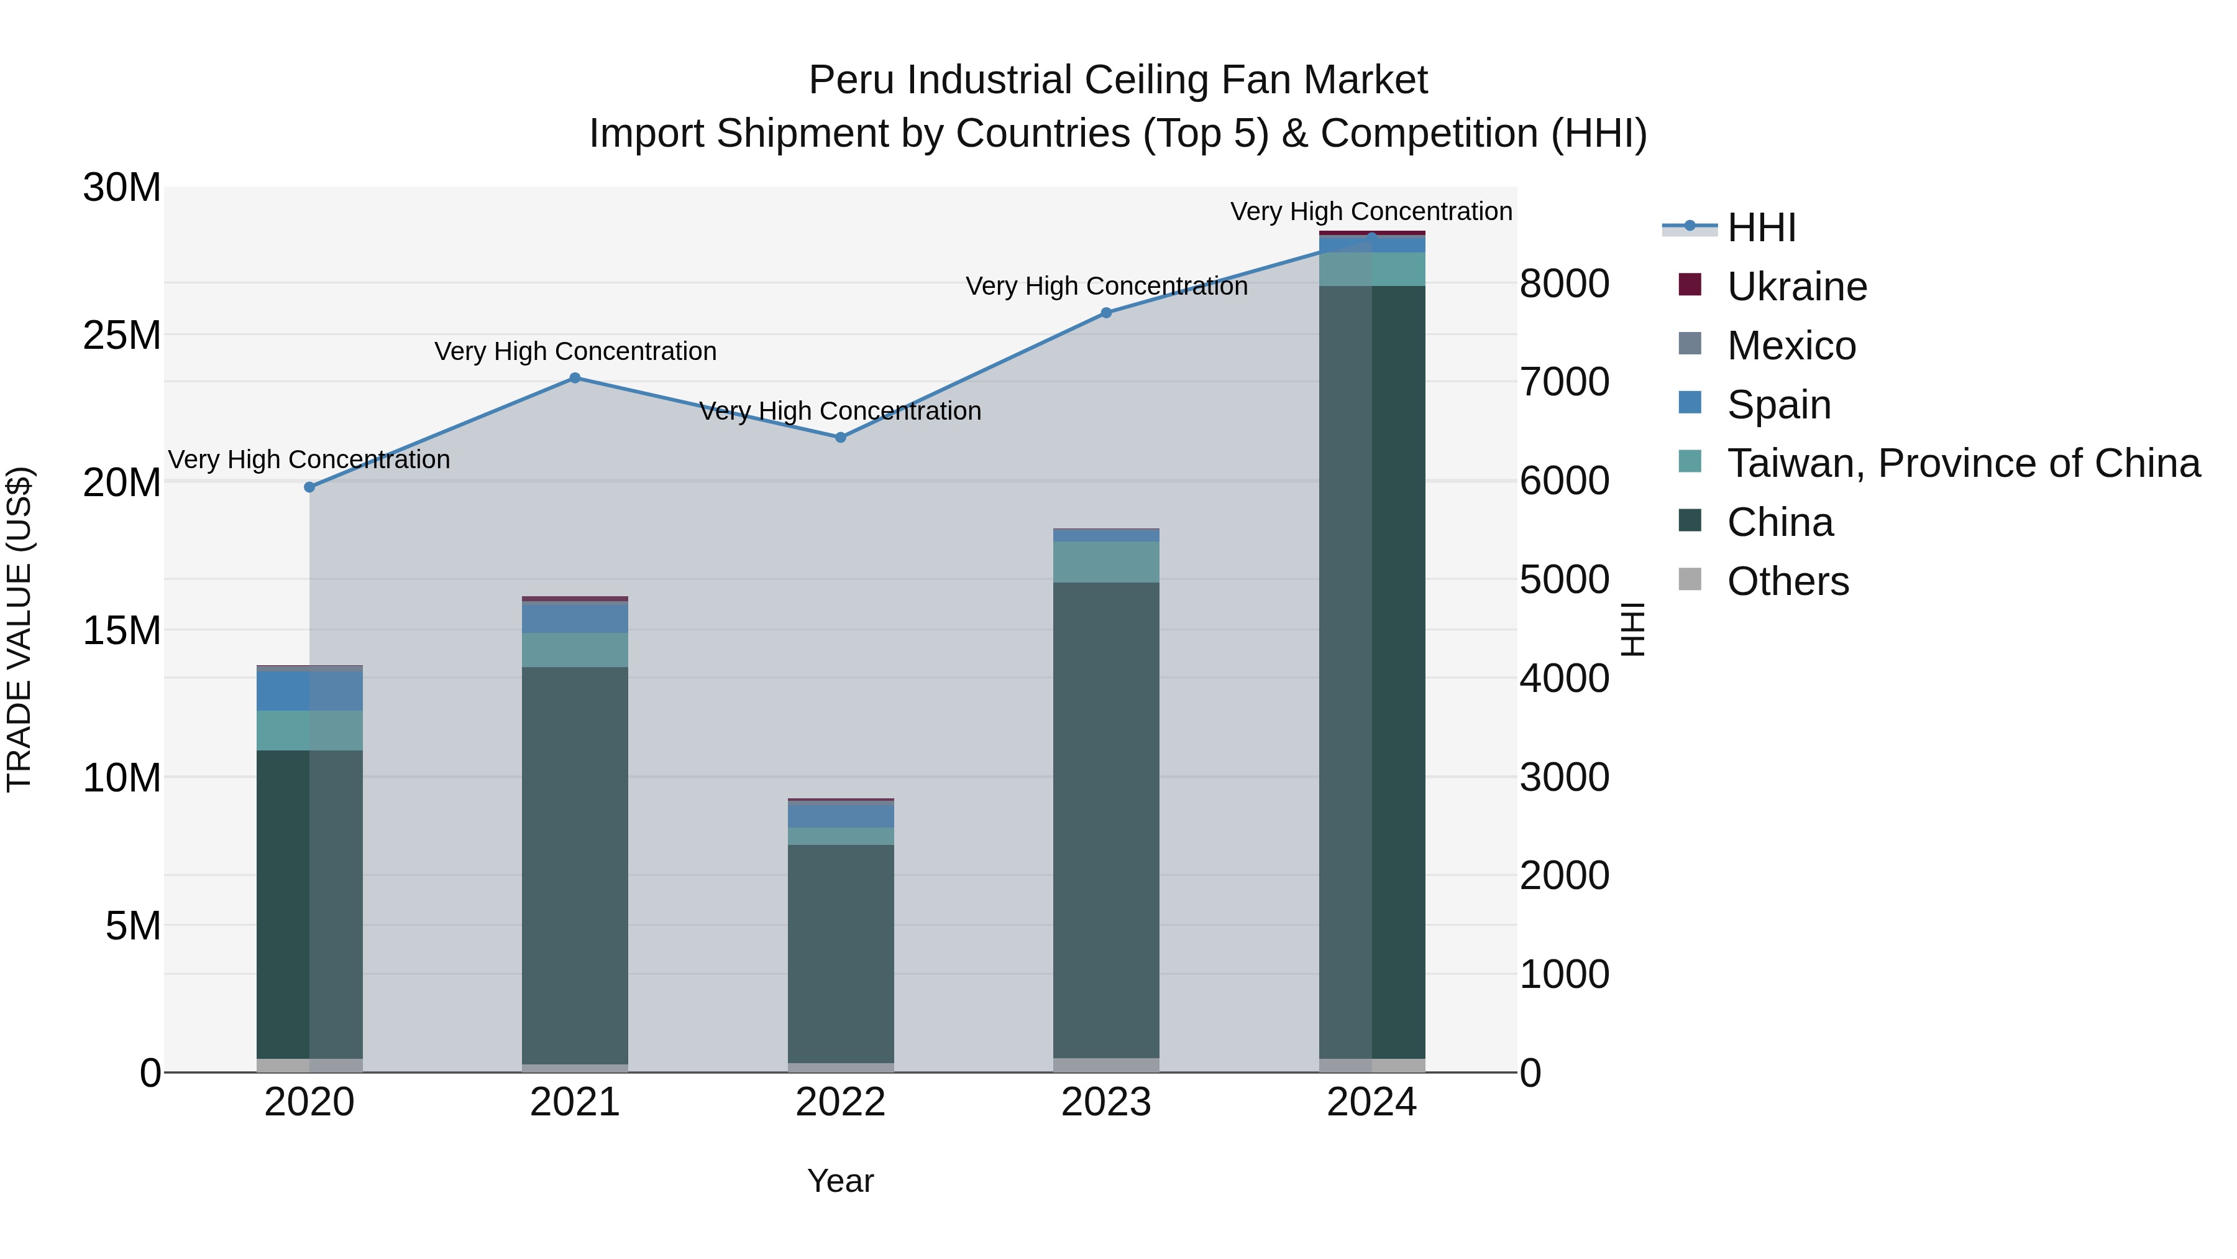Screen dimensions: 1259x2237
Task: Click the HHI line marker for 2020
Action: [x=309, y=487]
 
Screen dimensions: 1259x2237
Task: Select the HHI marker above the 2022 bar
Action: [x=841, y=438]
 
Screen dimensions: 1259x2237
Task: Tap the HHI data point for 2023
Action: [x=1106, y=313]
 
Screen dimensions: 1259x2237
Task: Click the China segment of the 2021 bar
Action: [x=575, y=865]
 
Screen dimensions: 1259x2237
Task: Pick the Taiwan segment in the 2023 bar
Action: [x=1106, y=562]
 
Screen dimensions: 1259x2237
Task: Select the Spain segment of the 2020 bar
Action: [x=309, y=691]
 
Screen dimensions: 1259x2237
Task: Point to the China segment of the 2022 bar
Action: [x=841, y=953]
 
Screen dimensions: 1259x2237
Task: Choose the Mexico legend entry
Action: [x=1791, y=346]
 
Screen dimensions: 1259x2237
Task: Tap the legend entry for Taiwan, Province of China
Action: [x=1962, y=463]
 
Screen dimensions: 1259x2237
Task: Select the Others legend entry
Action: [x=1787, y=581]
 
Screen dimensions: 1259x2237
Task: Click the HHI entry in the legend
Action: [x=1761, y=228]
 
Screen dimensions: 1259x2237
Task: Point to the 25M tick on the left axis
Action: [x=122, y=335]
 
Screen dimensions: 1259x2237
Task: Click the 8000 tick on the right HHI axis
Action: [x=1564, y=284]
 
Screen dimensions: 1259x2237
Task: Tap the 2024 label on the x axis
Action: [x=1371, y=1102]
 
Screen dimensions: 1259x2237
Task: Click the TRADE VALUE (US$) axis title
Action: [x=19, y=629]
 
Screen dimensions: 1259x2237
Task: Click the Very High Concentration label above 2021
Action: [x=575, y=351]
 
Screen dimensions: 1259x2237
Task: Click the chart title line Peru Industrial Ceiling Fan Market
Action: [x=1118, y=80]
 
